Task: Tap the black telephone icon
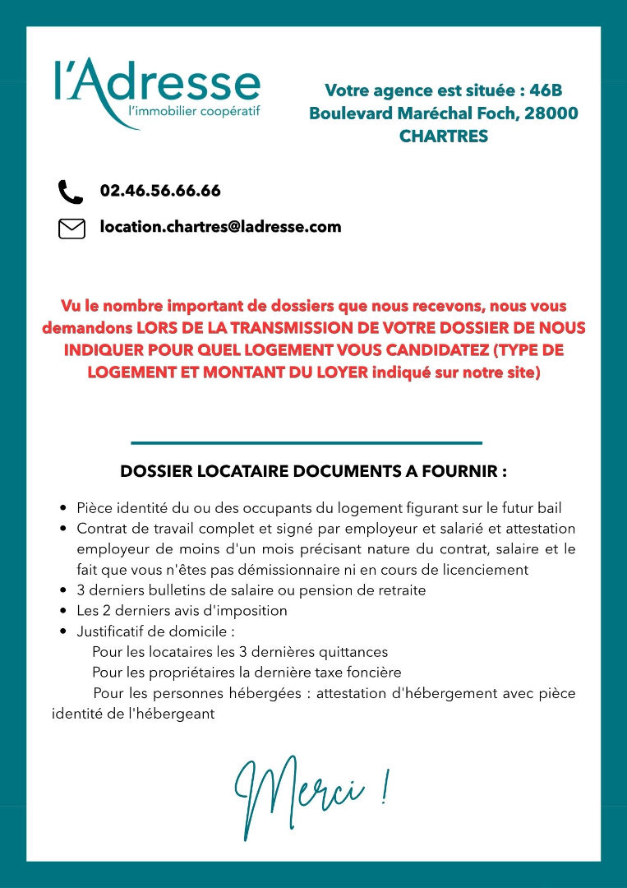coord(71,192)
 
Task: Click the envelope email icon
coord(71,229)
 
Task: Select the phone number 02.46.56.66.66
coord(160,191)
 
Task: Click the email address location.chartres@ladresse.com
coord(220,227)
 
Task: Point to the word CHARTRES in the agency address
coord(443,136)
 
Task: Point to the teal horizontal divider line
coord(306,443)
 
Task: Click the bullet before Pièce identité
coord(63,509)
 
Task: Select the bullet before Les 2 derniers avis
coord(63,611)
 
